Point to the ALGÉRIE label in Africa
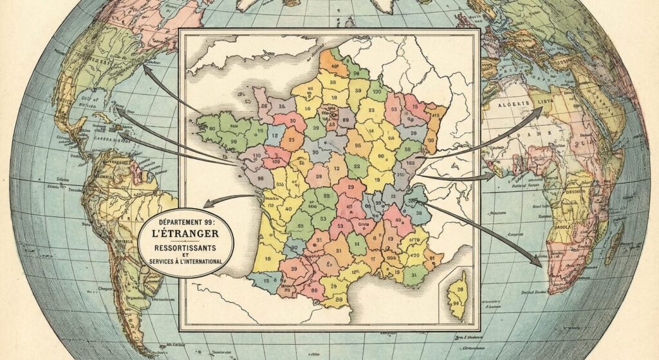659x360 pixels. pos(513,103)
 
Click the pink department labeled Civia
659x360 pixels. pos(364,225)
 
